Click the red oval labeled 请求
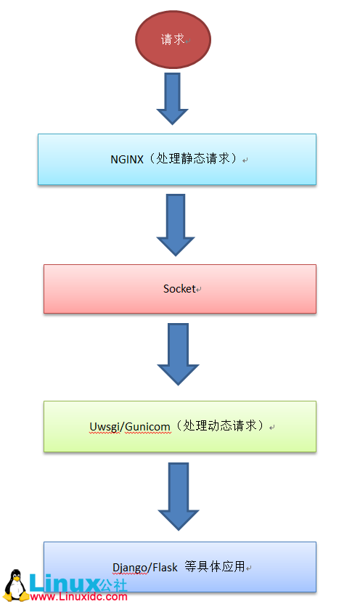(172, 39)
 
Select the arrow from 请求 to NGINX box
(172, 98)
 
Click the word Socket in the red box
(179, 288)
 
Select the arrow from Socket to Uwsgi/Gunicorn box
(178, 354)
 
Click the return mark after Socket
(199, 290)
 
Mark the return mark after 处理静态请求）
(246, 160)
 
